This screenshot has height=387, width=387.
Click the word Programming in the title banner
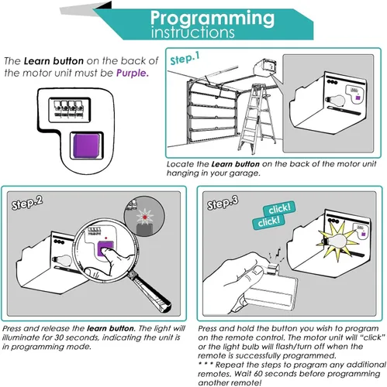coord(213,19)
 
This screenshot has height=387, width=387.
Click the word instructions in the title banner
coord(192,33)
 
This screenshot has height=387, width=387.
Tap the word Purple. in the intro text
coord(133,74)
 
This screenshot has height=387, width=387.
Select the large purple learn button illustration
coord(86,146)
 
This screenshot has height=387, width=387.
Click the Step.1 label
coord(185,59)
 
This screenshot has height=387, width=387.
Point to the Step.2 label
coord(27,203)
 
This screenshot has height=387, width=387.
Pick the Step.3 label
coord(223,203)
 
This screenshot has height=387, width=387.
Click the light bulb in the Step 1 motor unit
coord(336,100)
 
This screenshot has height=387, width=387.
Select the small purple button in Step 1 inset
coord(358,98)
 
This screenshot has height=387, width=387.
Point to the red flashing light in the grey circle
coord(145,217)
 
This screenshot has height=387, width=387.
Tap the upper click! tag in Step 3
coord(279,209)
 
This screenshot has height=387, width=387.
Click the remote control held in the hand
coord(271,292)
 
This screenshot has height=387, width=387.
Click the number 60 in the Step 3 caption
coord(259,374)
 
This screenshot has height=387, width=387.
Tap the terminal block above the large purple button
coord(69,109)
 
